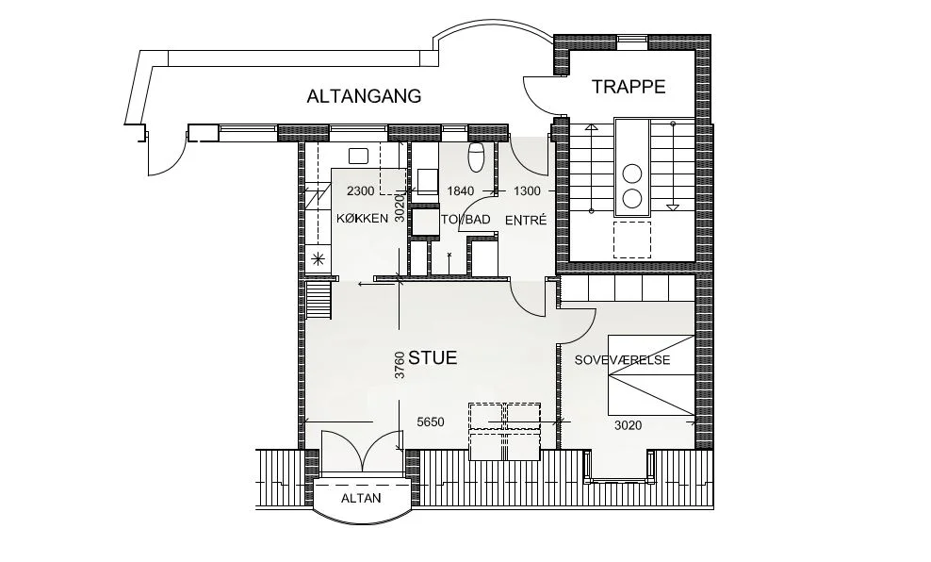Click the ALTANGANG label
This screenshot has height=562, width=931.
(364, 96)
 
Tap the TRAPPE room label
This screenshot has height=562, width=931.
(629, 87)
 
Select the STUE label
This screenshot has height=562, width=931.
(433, 357)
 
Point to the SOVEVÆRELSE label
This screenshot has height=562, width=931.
(622, 360)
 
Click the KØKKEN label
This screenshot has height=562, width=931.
(362, 219)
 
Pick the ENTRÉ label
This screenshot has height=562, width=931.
(526, 220)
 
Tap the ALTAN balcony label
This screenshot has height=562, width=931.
(361, 499)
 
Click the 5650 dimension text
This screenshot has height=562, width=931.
(431, 422)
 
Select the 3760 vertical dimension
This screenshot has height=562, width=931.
(400, 365)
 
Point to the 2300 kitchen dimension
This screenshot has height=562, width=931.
(360, 190)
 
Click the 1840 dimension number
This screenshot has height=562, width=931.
(460, 190)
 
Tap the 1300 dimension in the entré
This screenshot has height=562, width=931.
(527, 190)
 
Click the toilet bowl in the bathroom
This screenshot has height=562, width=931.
(477, 157)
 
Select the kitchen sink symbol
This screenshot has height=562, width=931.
(359, 157)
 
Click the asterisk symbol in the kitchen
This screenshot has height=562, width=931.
(318, 258)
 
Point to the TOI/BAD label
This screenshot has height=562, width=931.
(465, 220)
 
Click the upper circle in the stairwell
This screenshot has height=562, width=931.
(631, 174)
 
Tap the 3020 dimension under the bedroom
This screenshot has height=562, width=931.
(628, 425)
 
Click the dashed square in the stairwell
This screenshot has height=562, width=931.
(631, 240)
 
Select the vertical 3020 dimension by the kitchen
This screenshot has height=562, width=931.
(400, 208)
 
